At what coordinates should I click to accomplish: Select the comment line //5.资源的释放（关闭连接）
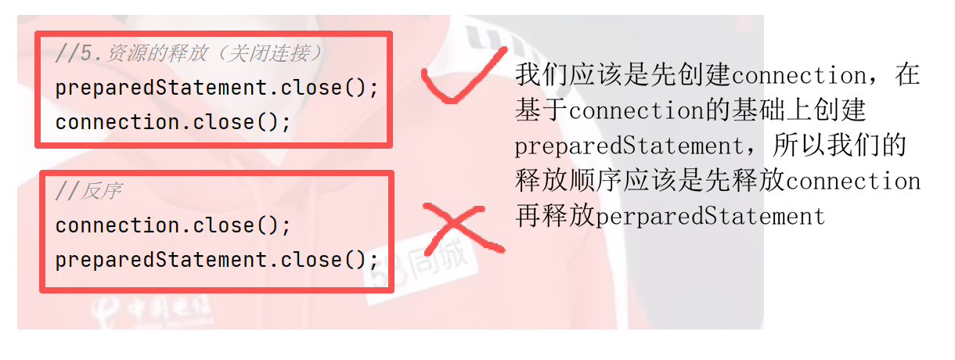pos(189,53)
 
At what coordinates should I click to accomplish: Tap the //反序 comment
pos(88,191)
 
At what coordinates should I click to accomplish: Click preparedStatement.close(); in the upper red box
pos(217,88)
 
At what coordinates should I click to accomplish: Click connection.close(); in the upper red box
pos(173,122)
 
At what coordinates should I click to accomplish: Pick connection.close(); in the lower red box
pos(173,225)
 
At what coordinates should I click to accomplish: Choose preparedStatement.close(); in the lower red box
pos(217,260)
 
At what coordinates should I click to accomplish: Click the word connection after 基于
pos(636,111)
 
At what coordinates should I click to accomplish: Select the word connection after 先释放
pos(852,182)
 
